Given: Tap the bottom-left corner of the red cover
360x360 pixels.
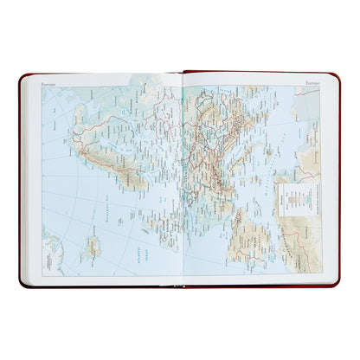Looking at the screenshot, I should click(21, 285).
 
